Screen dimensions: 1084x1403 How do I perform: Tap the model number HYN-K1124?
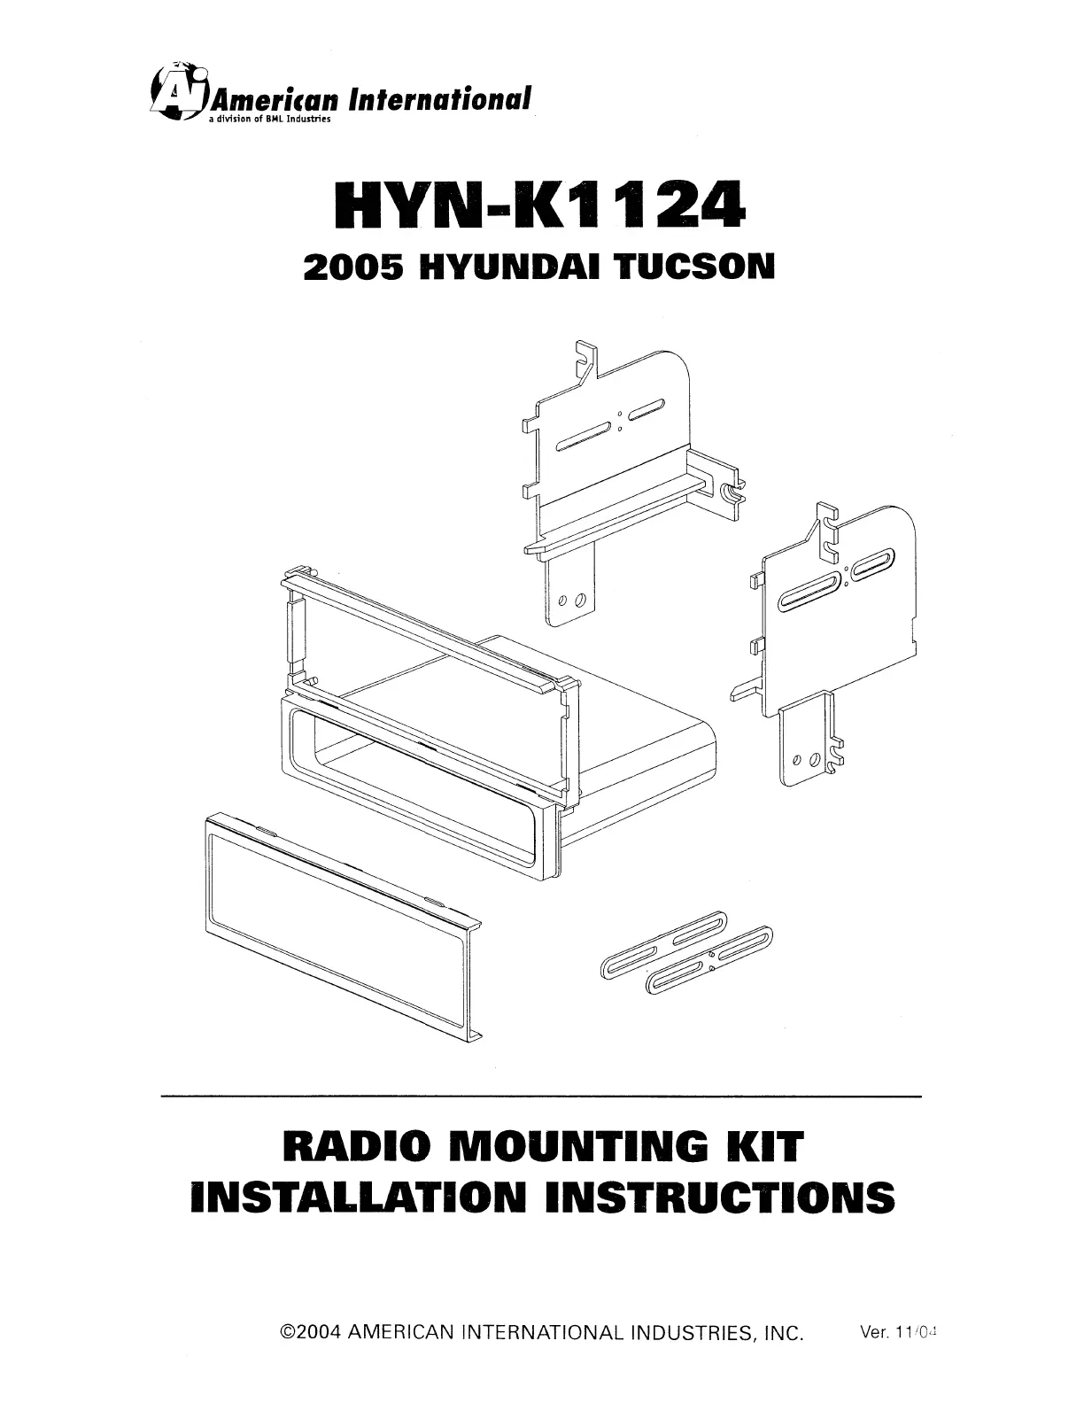(x=539, y=206)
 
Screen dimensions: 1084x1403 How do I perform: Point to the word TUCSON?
(x=694, y=266)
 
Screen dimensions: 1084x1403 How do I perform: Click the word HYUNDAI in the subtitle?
(x=511, y=266)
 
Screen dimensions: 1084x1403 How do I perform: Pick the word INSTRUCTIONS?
(x=720, y=1198)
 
